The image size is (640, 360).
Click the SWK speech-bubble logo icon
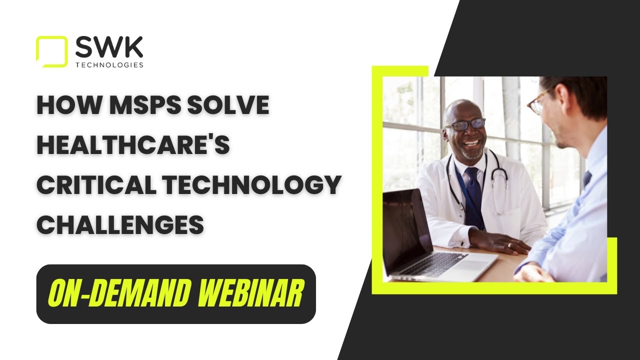point(51,51)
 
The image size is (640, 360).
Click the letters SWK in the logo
point(108,47)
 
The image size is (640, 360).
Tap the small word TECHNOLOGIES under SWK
point(109,65)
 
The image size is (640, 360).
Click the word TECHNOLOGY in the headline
point(257,185)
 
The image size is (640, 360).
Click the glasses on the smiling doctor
point(465,124)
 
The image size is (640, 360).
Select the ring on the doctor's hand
point(509,245)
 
